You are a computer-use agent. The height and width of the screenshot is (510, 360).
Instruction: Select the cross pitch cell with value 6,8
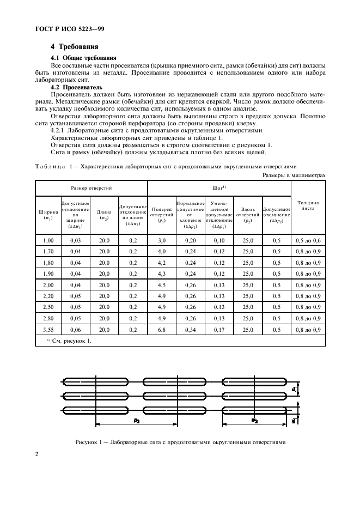pos(162,330)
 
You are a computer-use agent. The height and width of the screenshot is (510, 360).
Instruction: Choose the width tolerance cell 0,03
pos(75,240)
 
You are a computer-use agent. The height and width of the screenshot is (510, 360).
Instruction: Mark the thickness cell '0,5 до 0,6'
pos(308,240)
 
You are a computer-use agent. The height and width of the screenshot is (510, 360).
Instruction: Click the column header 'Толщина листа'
pos(308,205)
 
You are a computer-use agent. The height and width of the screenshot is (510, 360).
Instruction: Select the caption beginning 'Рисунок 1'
pos(180,442)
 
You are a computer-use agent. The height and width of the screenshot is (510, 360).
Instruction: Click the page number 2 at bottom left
pos(36,454)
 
